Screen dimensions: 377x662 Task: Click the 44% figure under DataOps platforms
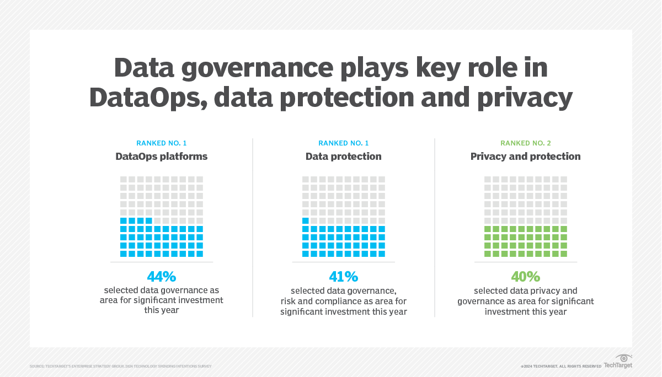(162, 276)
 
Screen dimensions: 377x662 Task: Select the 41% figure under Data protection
(343, 276)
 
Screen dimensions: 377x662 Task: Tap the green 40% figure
(525, 276)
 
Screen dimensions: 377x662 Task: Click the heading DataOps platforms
(162, 157)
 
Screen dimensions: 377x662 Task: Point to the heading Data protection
(343, 157)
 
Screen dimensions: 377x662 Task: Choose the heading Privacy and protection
(525, 157)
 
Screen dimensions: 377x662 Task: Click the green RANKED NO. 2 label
(525, 143)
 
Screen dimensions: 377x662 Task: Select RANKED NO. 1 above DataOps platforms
(162, 143)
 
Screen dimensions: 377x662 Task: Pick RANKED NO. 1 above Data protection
(343, 143)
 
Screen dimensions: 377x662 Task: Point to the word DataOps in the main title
(145, 98)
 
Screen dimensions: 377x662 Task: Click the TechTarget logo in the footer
(618, 365)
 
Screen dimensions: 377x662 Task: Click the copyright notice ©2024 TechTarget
(560, 366)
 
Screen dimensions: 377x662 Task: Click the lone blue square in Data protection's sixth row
(306, 220)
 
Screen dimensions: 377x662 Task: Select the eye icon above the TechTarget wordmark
(623, 357)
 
